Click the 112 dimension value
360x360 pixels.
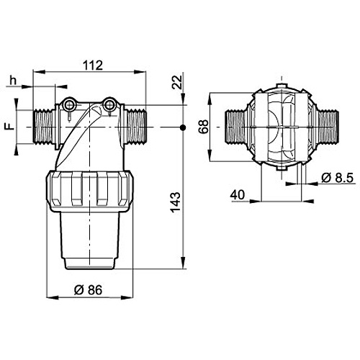[x=93, y=66]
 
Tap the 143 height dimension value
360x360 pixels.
[x=176, y=202]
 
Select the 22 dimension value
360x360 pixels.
[x=177, y=82]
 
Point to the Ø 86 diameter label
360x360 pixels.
[x=88, y=289]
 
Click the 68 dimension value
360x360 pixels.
[x=204, y=127]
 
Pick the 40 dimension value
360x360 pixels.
[x=238, y=195]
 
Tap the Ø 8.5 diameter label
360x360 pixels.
[x=337, y=178]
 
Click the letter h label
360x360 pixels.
[x=13, y=81]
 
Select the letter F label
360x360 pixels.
[x=10, y=127]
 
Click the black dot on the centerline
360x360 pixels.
[x=183, y=127]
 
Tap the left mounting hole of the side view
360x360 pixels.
[x=70, y=105]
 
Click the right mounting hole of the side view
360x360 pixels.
[x=109, y=105]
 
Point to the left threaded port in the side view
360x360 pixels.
[x=44, y=127]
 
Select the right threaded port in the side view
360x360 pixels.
[x=135, y=127]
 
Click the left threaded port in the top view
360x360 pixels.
[x=236, y=127]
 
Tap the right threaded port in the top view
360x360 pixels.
[x=328, y=127]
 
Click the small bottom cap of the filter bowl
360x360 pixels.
[x=90, y=264]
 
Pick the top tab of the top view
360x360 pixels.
[x=282, y=86]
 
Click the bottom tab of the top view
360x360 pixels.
[x=282, y=168]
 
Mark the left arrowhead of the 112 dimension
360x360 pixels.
[x=39, y=71]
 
